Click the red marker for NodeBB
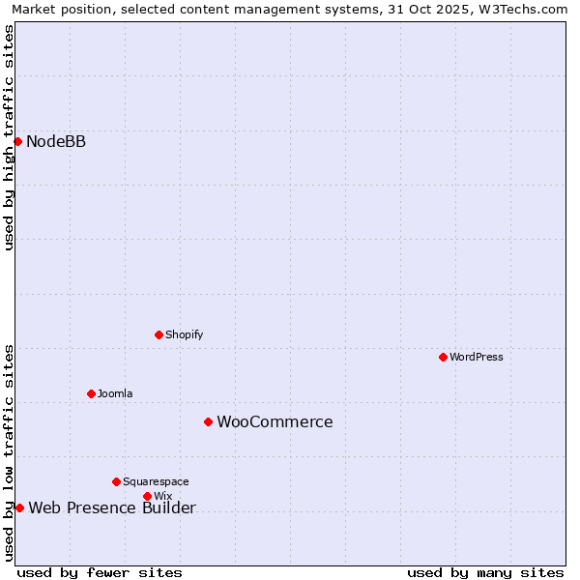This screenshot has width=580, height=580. (17, 141)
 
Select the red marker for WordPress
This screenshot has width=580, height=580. (443, 357)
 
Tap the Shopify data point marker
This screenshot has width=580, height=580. (159, 334)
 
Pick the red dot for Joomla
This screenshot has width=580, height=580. (91, 393)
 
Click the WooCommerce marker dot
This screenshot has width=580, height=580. (208, 421)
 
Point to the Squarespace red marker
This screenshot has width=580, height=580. (116, 481)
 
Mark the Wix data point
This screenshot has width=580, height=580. (147, 496)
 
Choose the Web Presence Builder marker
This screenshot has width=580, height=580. (19, 507)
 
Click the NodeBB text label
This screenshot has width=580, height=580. (56, 142)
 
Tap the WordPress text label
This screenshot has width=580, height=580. (477, 357)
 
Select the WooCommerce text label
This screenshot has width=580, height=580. (275, 422)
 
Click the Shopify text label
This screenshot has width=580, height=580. (184, 334)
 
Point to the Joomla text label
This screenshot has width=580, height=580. (115, 393)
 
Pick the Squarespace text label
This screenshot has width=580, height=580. (156, 481)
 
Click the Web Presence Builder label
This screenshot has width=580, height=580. (112, 508)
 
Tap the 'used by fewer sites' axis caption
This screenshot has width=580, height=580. (100, 572)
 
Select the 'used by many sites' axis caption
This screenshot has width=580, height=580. (485, 572)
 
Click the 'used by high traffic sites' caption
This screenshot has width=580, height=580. (10, 137)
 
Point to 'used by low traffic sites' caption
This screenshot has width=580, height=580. (10, 452)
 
